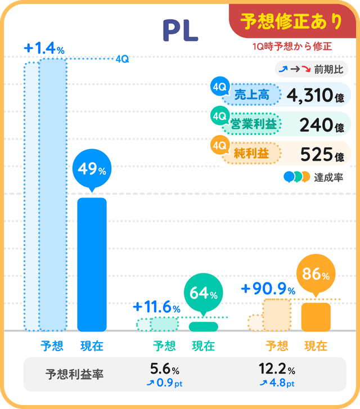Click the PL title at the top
[180, 32]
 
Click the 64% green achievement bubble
[203, 293]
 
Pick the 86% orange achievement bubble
[316, 275]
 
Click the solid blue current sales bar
[92, 264]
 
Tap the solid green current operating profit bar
[203, 326]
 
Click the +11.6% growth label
[156, 308]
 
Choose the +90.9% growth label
[268, 290]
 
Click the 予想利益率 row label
[74, 374]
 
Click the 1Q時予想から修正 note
[292, 47]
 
